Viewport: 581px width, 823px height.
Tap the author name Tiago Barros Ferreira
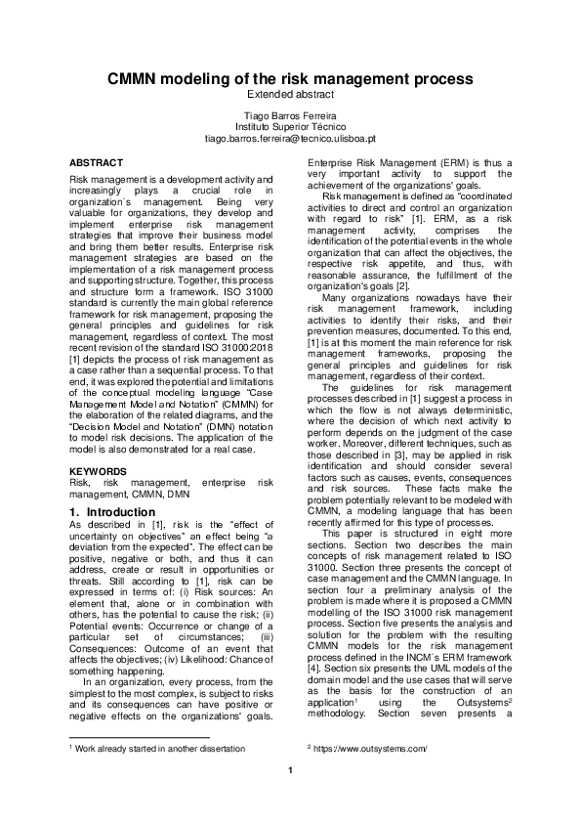290,116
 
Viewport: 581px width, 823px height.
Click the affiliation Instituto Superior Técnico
290,127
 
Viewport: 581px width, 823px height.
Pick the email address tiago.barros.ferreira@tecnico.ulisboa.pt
290,139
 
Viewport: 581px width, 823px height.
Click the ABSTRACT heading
96,160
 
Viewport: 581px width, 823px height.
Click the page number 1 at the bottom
290,769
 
